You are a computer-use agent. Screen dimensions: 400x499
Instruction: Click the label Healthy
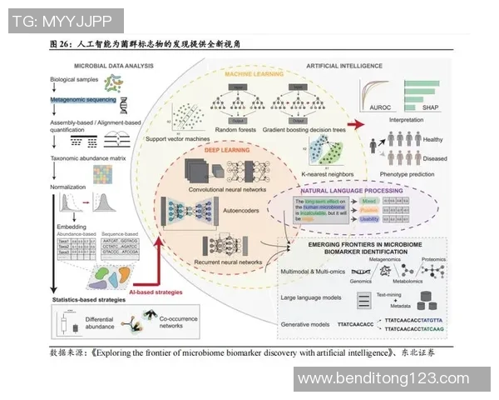tap(432, 139)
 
